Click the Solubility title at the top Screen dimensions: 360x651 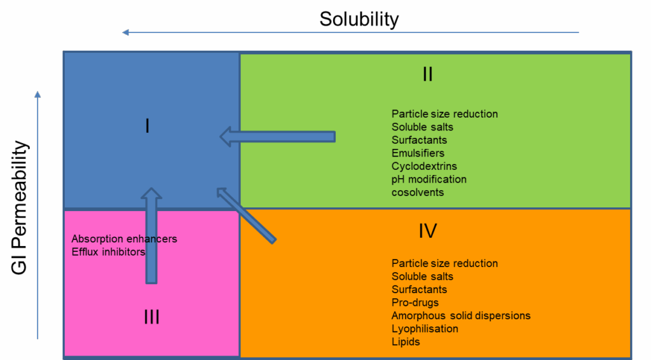coord(359,19)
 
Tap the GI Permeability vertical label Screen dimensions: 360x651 coord(20,208)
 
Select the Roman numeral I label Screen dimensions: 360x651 coord(147,126)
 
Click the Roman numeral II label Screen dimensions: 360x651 coord(427,74)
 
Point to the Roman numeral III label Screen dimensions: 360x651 coord(151,317)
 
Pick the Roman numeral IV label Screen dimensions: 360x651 coord(427,230)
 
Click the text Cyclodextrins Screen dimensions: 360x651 coord(423,166)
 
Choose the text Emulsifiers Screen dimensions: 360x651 coord(418,153)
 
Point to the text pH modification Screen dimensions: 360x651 coord(428,179)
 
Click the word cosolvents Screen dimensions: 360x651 coord(418,192)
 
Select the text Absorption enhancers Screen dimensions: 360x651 coord(124,239)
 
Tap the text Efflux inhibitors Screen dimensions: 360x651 coord(108,252)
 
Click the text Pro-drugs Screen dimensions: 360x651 coord(415,302)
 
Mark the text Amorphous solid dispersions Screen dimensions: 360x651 coord(460,315)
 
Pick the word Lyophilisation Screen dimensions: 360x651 coord(425,328)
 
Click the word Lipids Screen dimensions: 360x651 coord(406,342)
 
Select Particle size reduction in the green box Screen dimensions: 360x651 coord(444,114)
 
